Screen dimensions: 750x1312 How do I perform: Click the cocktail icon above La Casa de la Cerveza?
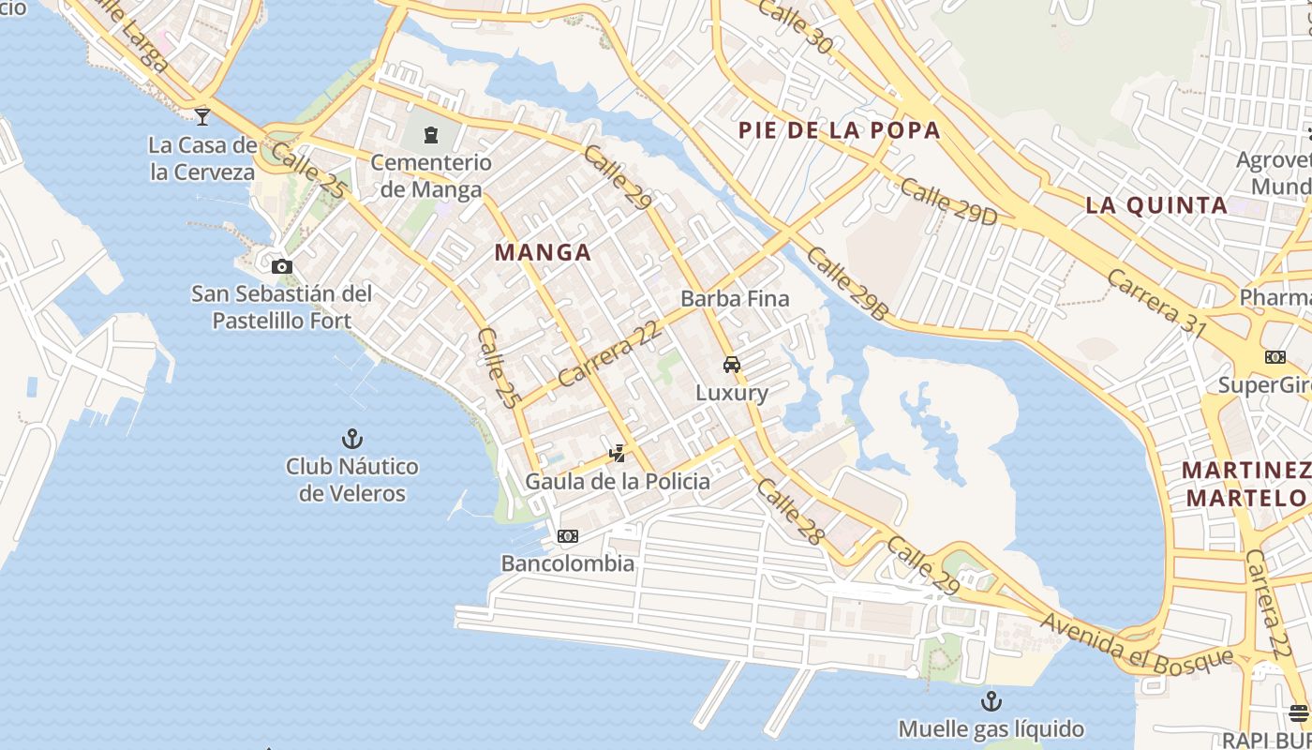pos(202,117)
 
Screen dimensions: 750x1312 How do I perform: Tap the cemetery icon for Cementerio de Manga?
pos(430,135)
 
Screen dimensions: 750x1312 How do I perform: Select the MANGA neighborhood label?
pos(543,252)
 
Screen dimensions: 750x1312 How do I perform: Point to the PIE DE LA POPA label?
pos(839,130)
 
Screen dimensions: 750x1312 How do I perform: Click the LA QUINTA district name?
pos(1156,205)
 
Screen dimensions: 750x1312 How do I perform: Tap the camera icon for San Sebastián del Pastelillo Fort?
pos(281,267)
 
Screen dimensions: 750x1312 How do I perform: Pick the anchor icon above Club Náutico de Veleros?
pos(351,439)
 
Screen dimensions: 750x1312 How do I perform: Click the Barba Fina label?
pos(735,299)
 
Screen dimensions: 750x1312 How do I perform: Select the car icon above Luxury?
pos(732,365)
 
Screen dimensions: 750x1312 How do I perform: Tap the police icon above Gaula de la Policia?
pos(617,455)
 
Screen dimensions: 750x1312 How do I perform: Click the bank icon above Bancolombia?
pos(567,536)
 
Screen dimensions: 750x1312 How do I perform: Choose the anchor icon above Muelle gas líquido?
pos(991,701)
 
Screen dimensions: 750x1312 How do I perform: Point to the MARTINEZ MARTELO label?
pos(1246,484)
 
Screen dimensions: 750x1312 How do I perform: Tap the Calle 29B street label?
pos(846,284)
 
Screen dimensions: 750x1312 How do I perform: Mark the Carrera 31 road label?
pos(1155,302)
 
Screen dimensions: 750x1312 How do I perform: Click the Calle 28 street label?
pos(789,512)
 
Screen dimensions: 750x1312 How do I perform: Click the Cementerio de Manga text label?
pos(430,175)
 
